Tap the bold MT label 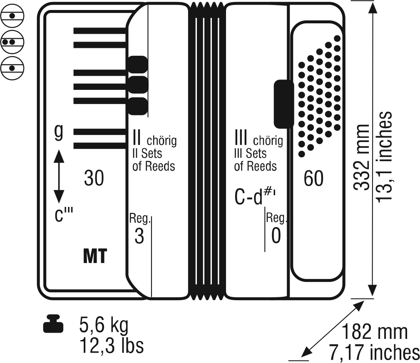tap(95, 256)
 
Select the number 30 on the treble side tap(94, 178)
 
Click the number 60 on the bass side tap(313, 178)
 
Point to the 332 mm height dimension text tap(361, 157)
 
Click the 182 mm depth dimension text tap(375, 332)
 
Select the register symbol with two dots tap(12, 42)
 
